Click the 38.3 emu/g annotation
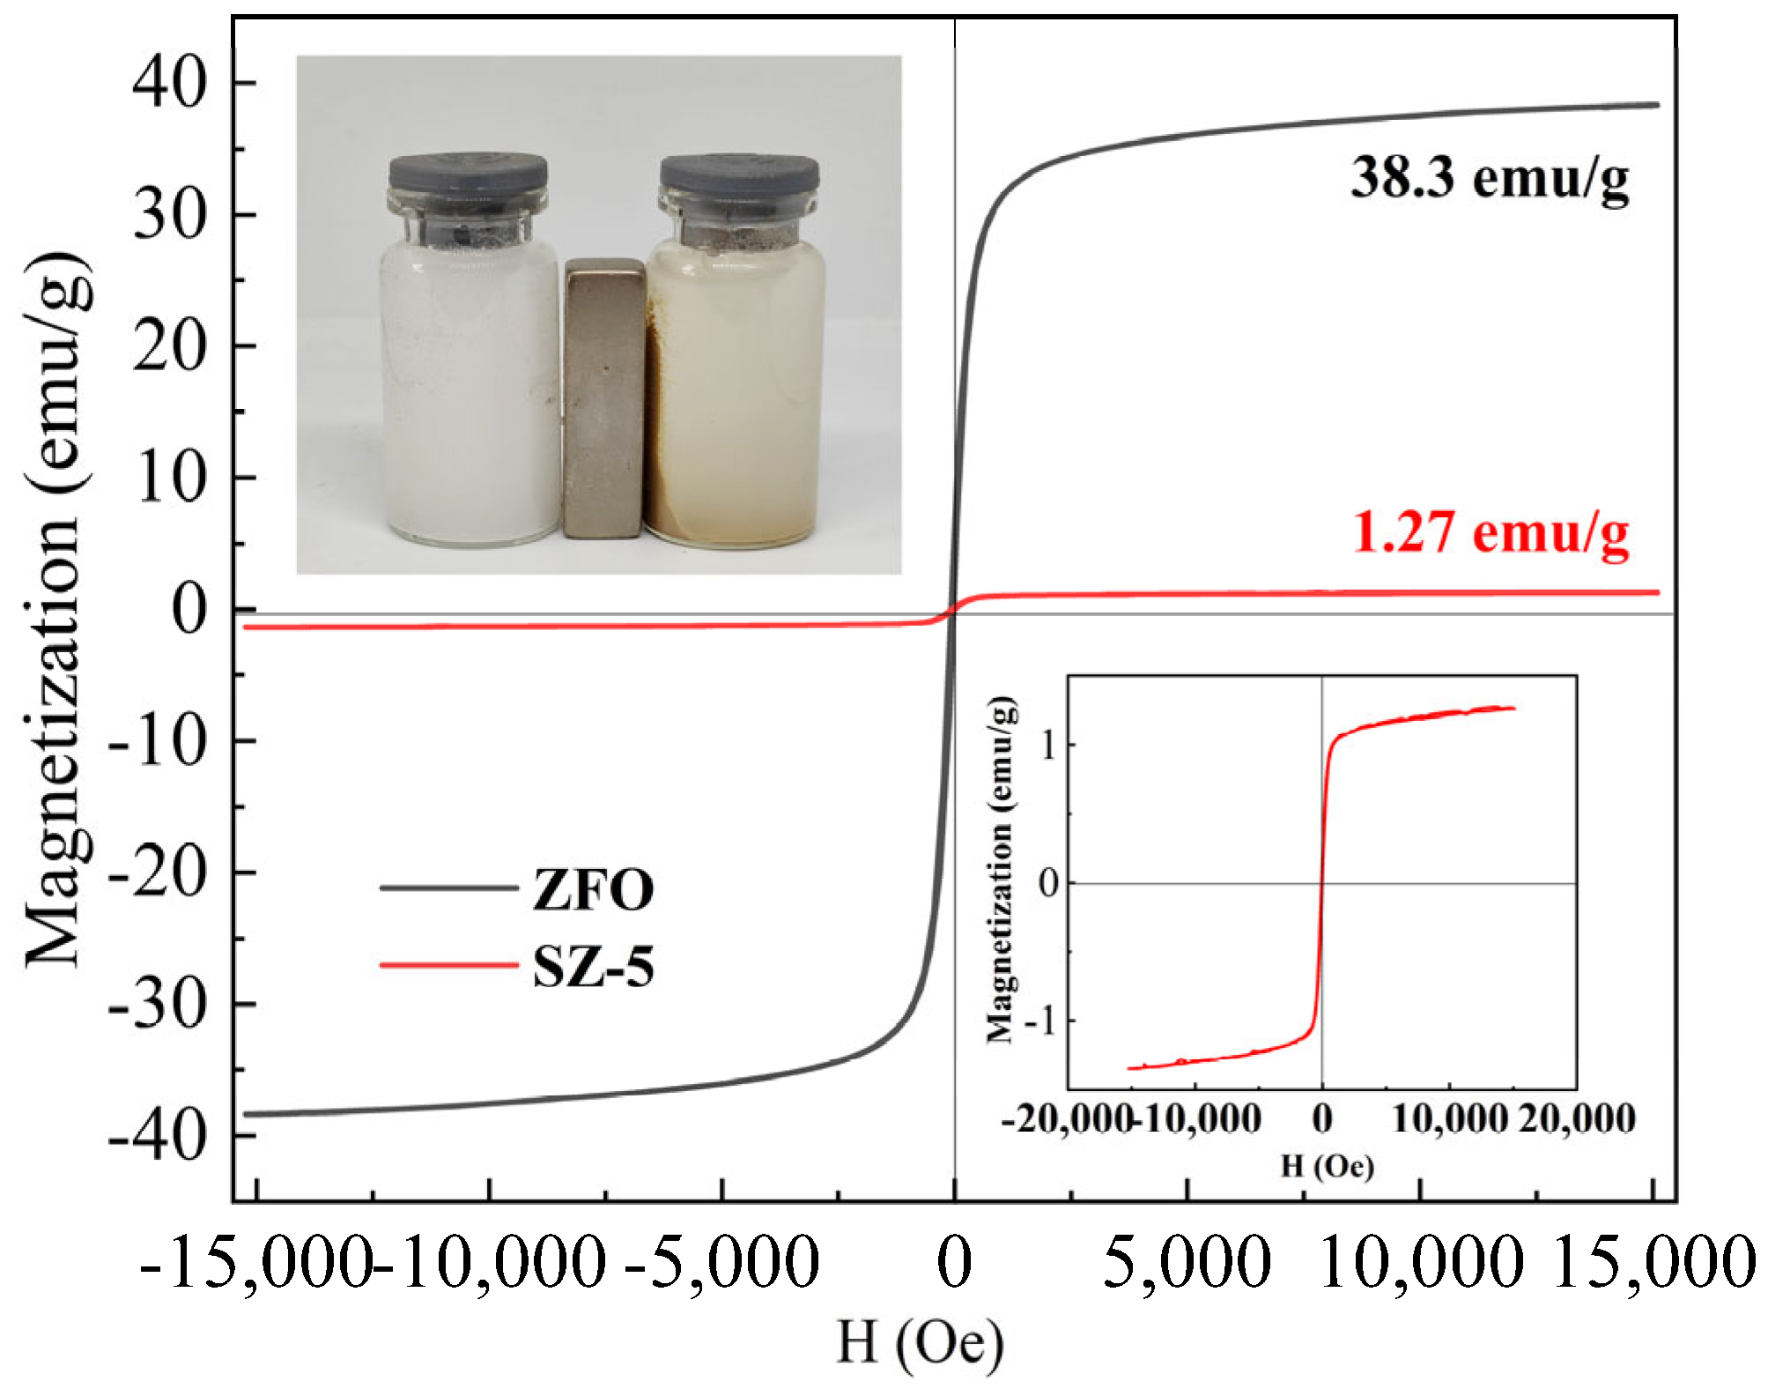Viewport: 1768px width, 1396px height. (x=1489, y=179)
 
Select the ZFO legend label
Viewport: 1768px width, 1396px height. (x=593, y=889)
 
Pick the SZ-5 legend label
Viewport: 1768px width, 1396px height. (x=593, y=967)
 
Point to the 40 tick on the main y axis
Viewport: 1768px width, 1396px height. (x=169, y=83)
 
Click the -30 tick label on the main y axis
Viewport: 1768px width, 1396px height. (x=157, y=1005)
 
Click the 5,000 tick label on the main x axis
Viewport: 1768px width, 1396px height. (x=1186, y=1263)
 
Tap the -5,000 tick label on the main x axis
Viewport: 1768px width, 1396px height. (x=721, y=1263)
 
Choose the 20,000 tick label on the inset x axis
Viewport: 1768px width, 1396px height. (x=1577, y=1119)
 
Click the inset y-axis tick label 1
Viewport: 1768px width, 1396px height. (x=1047, y=746)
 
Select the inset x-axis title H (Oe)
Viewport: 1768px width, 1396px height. (x=1326, y=1167)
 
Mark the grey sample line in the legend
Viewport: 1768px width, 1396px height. (x=448, y=887)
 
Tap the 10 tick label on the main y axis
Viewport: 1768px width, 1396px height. (x=169, y=479)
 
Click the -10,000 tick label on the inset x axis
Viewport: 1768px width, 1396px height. (x=1198, y=1119)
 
